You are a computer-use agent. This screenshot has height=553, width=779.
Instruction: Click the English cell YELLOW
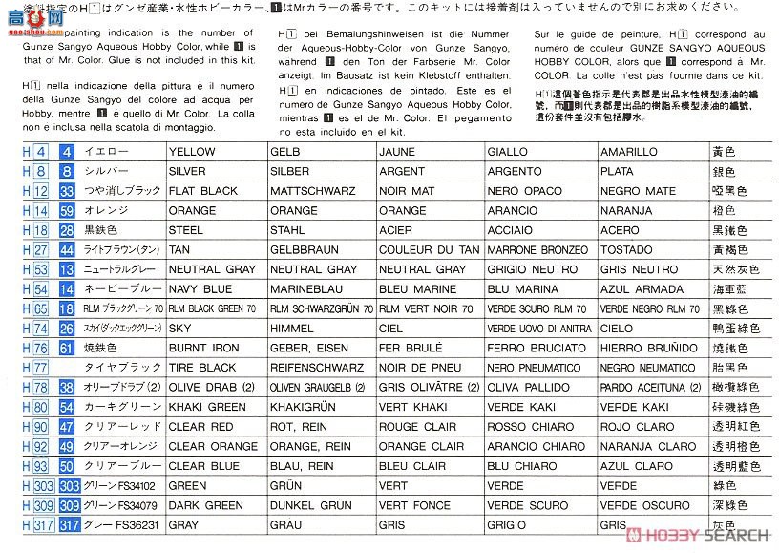coord(193,152)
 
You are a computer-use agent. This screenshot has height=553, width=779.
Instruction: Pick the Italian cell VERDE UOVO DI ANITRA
coord(538,329)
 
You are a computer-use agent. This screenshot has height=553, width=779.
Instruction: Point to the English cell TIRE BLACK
coord(202,368)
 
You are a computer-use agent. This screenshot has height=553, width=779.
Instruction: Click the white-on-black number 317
coord(67,524)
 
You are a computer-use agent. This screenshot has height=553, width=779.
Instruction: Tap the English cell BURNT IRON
coord(203,348)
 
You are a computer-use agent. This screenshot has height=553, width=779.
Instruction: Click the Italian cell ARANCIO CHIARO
coord(536,446)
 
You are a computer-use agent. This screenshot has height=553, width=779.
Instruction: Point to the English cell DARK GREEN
coord(204,505)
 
